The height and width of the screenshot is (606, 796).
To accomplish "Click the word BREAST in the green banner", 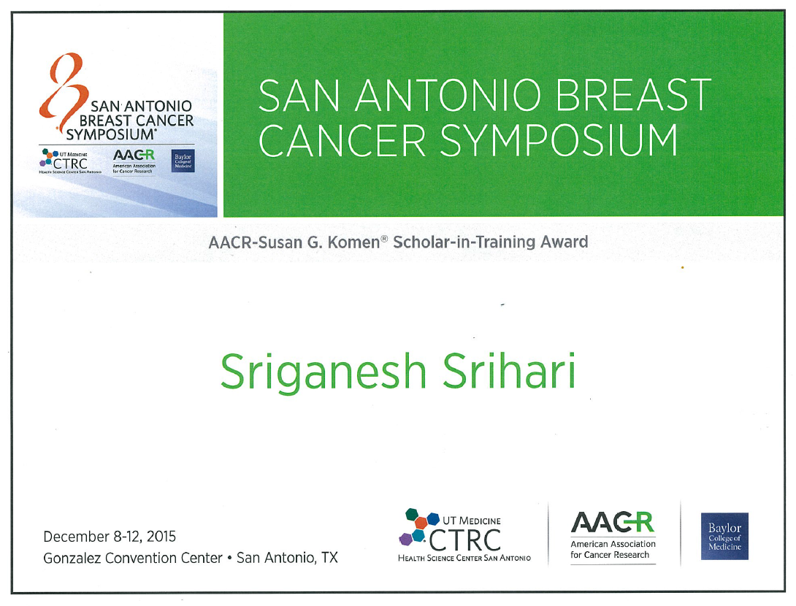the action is click(x=634, y=95).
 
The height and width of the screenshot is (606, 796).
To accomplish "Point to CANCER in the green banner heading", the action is click(x=342, y=140).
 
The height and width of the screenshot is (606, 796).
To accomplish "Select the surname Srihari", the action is click(x=509, y=370).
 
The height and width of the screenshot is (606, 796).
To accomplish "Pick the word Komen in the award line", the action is click(x=353, y=242).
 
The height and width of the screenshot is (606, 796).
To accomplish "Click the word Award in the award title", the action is click(x=564, y=242).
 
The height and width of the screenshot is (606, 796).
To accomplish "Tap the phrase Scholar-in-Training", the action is click(x=464, y=242).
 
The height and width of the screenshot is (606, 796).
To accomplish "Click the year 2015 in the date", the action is click(x=161, y=537).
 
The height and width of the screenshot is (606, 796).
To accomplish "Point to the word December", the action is click(x=76, y=537).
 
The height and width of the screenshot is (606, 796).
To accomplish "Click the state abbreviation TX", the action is click(x=329, y=558).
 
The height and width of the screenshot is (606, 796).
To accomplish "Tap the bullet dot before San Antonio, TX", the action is click(x=229, y=559).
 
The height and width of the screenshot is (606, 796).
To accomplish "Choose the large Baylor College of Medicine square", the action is click(x=724, y=537).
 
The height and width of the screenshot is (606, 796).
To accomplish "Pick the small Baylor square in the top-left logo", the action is click(x=183, y=161).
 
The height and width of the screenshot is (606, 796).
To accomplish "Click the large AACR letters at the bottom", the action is click(x=613, y=522).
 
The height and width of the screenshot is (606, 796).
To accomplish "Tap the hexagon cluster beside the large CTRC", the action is click(x=418, y=526).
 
